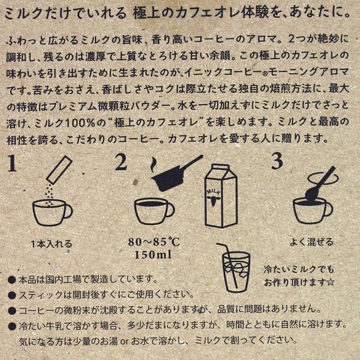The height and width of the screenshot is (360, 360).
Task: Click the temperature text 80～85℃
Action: [154, 242]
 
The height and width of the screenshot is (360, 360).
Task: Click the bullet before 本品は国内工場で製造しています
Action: [13, 280]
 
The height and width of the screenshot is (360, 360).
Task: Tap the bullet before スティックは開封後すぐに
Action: [13, 295]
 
